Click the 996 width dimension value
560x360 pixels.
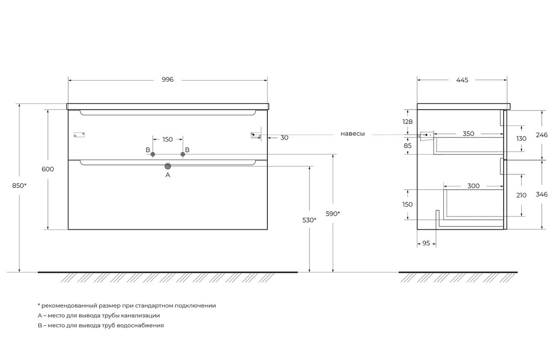tap(168, 79)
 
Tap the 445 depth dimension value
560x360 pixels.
tap(462, 80)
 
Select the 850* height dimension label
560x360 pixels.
tap(19, 186)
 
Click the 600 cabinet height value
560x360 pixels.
tap(48, 169)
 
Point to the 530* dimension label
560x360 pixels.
tap(309, 220)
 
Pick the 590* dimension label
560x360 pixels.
tap(333, 214)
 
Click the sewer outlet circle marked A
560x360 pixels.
tap(168, 166)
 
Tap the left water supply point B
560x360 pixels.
tap(153, 154)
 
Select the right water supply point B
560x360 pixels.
tap(183, 154)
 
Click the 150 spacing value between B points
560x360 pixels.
tap(168, 139)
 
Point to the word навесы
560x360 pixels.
tap(352, 134)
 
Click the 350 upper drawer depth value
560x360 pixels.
tap(468, 134)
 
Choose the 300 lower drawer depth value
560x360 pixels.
tap(473, 186)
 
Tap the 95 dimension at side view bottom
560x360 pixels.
tap(426, 243)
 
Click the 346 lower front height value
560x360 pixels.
tap(541, 194)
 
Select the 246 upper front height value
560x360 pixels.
tap(541, 135)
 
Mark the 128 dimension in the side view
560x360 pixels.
tap(407, 122)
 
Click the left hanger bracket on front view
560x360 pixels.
tap(79, 135)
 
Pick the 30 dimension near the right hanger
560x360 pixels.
tap(284, 138)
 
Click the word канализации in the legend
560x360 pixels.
tap(140, 316)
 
